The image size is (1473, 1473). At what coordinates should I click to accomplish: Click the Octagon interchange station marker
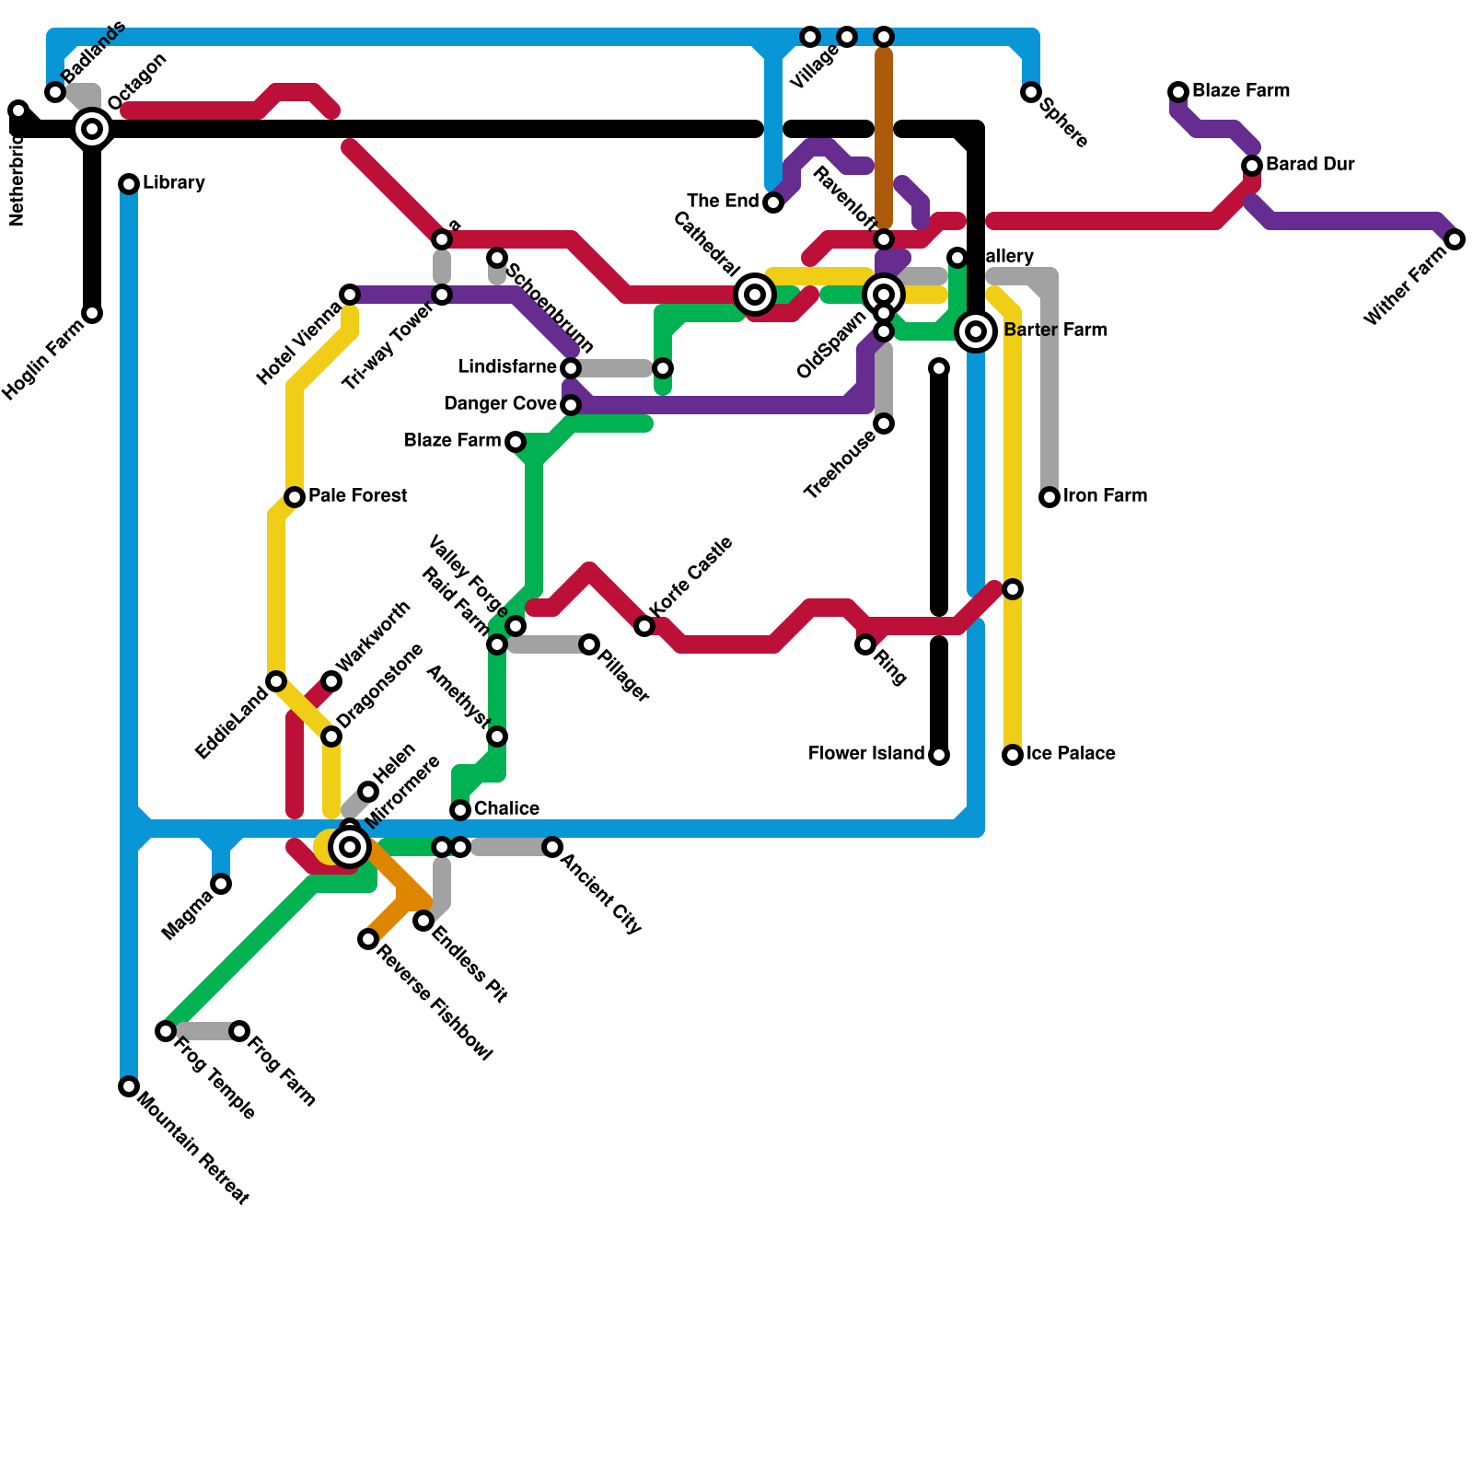pyautogui.click(x=92, y=129)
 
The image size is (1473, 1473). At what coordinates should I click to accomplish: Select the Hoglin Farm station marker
pyautogui.click(x=92, y=313)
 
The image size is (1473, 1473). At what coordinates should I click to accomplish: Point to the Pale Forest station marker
pyautogui.click(x=295, y=497)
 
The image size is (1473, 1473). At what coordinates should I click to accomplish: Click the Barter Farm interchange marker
pyautogui.click(x=976, y=331)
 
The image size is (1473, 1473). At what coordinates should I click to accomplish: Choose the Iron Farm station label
pyautogui.click(x=1105, y=496)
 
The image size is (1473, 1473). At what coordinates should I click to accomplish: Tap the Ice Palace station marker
pyautogui.click(x=1013, y=755)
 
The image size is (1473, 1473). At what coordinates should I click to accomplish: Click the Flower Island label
pyautogui.click(x=865, y=754)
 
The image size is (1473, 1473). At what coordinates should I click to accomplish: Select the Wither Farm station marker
pyautogui.click(x=1455, y=239)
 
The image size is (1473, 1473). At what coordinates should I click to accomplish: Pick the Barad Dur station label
pyautogui.click(x=1309, y=165)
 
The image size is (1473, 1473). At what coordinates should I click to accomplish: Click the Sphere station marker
pyautogui.click(x=1031, y=92)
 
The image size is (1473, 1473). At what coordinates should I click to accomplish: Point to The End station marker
pyautogui.click(x=773, y=203)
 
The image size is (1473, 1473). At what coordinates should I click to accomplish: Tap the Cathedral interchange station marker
pyautogui.click(x=755, y=295)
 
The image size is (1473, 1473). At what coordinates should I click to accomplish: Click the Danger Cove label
pyautogui.click(x=499, y=404)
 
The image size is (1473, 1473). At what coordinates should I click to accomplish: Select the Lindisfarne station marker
pyautogui.click(x=571, y=368)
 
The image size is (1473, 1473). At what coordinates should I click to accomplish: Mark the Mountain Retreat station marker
pyautogui.click(x=129, y=1086)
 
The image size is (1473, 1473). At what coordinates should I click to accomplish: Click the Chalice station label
pyautogui.click(x=505, y=809)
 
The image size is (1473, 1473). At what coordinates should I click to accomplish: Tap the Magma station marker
pyautogui.click(x=221, y=884)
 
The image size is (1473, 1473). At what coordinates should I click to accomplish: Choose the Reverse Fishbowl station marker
pyautogui.click(x=368, y=939)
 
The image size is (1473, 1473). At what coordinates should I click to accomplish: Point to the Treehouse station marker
pyautogui.click(x=884, y=423)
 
